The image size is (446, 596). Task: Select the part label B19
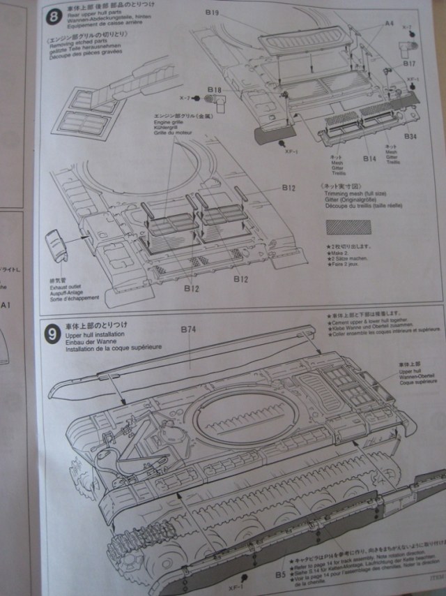pos(213,13)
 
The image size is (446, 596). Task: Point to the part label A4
pos(389,24)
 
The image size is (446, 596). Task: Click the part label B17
pos(408,64)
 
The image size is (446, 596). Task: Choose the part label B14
pos(369,160)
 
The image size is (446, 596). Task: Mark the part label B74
pos(188,328)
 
